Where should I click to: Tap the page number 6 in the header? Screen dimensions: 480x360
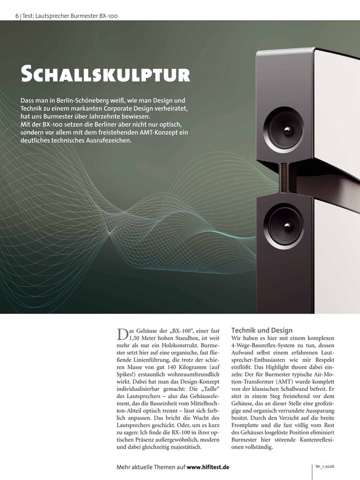click(18, 16)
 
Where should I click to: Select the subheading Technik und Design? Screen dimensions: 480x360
click(262, 330)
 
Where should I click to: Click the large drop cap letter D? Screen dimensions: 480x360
click(122, 334)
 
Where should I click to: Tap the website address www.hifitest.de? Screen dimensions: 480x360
click(208, 467)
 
